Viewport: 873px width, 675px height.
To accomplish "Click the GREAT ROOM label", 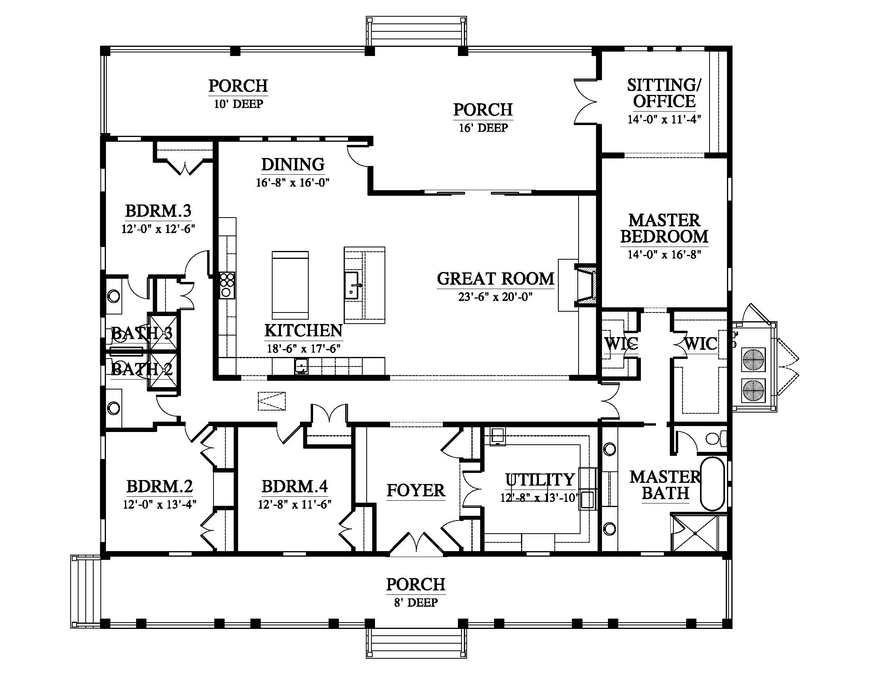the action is (x=495, y=278).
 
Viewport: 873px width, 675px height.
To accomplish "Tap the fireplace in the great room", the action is (x=586, y=286).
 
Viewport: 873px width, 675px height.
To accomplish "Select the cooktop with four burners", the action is (x=227, y=285).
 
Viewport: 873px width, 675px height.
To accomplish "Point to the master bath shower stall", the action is (x=698, y=533).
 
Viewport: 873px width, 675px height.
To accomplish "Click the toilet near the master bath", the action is (x=716, y=439).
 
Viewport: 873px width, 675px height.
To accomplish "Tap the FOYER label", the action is (x=416, y=490).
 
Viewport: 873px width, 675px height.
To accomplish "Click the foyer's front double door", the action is (x=416, y=544).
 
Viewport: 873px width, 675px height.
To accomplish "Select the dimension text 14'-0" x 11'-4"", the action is (x=664, y=119).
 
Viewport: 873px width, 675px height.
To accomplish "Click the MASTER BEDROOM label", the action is (x=664, y=228).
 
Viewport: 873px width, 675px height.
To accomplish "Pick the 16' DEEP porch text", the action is (x=483, y=128).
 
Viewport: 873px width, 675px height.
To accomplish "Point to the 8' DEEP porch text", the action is (x=416, y=602).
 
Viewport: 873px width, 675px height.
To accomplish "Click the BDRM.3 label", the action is (x=158, y=210).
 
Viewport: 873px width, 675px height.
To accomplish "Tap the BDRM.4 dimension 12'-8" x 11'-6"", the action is (x=294, y=504).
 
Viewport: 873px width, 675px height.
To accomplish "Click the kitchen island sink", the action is (x=352, y=285).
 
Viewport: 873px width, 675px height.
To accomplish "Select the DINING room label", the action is (x=292, y=164).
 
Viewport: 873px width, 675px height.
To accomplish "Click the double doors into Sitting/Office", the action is (x=585, y=102).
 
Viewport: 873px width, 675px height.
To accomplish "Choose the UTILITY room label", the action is (x=540, y=480).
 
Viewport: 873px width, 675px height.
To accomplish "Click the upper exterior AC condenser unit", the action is (x=754, y=359).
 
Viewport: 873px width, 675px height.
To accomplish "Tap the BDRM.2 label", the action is (x=160, y=487).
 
